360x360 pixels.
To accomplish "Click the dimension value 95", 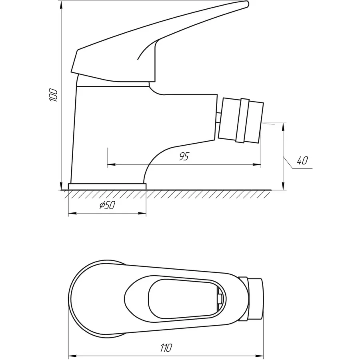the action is [x=184, y=156].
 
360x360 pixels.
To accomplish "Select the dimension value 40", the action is [x=302, y=160].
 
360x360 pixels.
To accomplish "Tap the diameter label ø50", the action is [x=107, y=205].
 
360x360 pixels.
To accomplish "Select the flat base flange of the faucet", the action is [x=107, y=186].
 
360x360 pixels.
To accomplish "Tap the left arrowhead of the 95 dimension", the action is [x=111, y=164].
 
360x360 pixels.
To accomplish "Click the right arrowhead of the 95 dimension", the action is [x=257, y=164].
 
